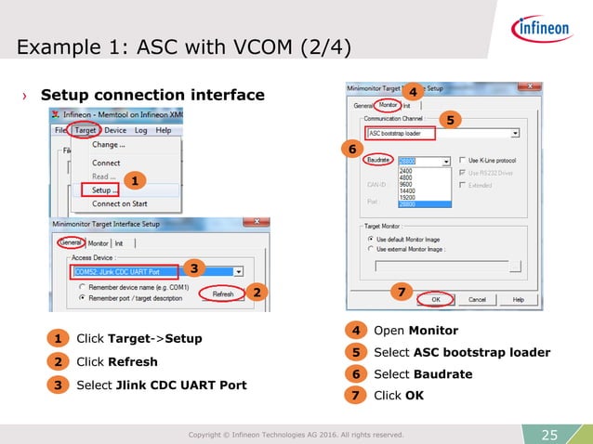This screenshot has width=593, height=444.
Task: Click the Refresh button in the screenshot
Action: [223, 293]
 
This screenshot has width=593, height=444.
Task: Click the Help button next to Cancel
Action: [518, 299]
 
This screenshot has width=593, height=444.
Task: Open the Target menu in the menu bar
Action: [86, 131]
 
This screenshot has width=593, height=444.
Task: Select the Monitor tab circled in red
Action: [388, 105]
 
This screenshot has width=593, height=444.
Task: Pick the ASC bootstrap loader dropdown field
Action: [441, 133]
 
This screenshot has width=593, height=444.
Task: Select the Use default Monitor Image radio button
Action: [371, 239]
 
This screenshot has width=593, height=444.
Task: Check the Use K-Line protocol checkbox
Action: [462, 161]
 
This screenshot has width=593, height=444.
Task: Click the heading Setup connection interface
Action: [152, 95]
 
